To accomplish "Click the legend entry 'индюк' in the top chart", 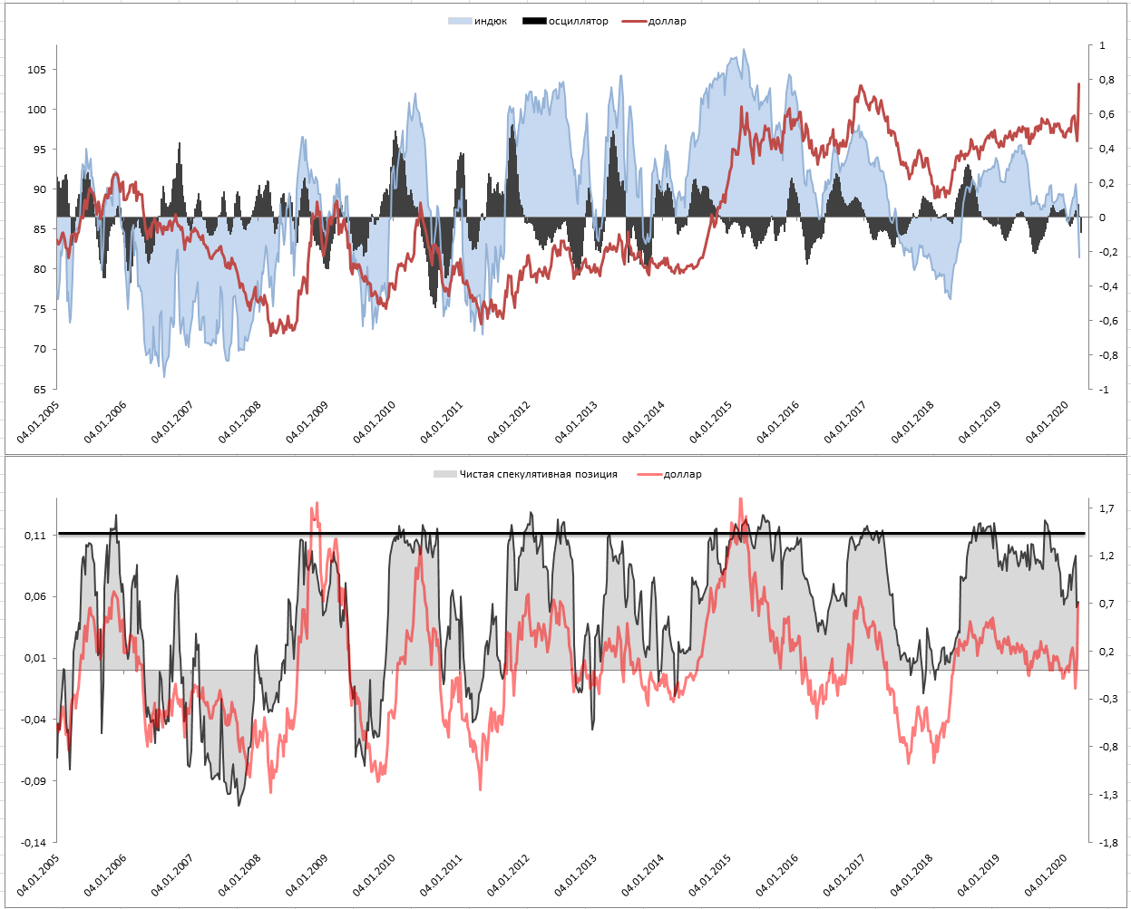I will (490, 21).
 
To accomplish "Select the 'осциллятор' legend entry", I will (578, 21).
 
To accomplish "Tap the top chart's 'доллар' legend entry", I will (667, 21).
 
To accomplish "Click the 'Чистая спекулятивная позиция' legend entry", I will (538, 474).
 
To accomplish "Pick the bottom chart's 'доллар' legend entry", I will (682, 474).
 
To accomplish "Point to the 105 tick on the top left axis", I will (36, 70).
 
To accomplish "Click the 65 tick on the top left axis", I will (40, 390).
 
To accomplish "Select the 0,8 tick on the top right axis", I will (1107, 80).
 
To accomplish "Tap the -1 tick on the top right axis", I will (1103, 390).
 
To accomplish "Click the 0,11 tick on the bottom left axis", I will (35, 536).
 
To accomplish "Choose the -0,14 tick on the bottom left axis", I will (34, 843).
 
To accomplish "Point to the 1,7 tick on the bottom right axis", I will (1107, 508).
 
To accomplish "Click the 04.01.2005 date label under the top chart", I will (38, 422).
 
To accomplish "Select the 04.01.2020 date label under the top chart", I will (1047, 422).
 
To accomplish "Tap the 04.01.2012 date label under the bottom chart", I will (509, 875).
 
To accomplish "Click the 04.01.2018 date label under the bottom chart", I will (912, 875).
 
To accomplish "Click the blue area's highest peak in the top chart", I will (745, 50).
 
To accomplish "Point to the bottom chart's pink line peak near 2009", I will (315, 504).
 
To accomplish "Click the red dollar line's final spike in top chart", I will (1078, 84).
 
